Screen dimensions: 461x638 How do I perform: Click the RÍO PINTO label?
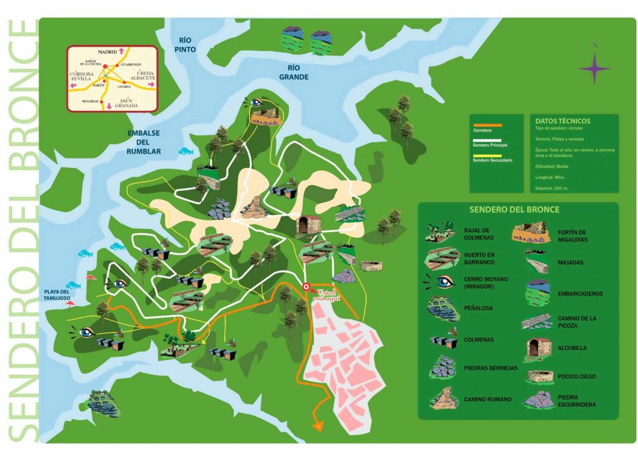point(186,44)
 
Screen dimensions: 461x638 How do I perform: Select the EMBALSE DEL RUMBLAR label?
point(144,142)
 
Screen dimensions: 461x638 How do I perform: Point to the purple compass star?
point(594,67)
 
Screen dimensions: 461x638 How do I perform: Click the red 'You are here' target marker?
point(306,287)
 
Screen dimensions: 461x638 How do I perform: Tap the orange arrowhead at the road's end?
point(318,426)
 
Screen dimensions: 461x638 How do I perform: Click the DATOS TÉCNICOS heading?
point(563,121)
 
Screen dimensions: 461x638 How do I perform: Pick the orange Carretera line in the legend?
point(487,125)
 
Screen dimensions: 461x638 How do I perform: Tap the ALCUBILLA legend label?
point(572,348)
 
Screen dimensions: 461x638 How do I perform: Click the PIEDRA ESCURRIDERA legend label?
point(576,400)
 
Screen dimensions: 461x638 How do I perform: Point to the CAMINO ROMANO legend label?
point(487,399)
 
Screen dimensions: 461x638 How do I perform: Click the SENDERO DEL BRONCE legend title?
point(514,210)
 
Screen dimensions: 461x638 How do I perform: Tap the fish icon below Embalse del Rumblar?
point(185,151)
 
